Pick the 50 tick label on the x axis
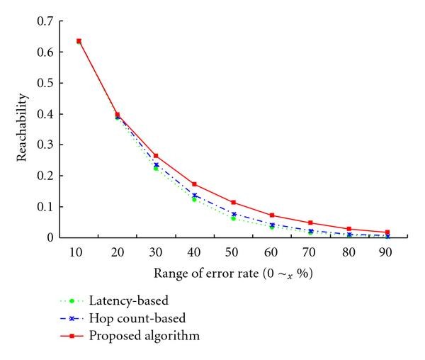click(233, 252)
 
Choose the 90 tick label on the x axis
click(387, 252)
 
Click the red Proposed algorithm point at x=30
click(156, 156)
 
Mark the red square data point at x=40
click(194, 184)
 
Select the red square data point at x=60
click(271, 215)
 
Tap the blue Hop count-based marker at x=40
click(194, 196)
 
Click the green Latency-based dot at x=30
click(156, 168)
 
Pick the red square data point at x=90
click(387, 232)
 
